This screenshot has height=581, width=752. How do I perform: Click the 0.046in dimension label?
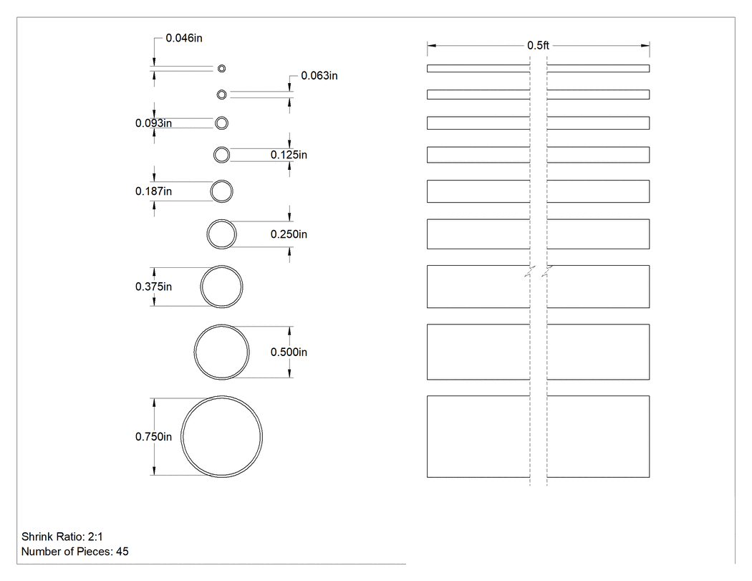(x=184, y=38)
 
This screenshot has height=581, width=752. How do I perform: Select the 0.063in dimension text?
(x=319, y=76)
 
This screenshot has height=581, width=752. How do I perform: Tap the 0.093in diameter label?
(x=153, y=123)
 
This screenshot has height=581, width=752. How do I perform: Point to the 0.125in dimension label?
(x=289, y=155)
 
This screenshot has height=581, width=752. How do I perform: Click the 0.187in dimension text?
(x=153, y=191)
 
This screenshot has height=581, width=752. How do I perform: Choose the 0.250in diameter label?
(x=289, y=234)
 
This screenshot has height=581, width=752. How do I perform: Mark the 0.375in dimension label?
(x=153, y=287)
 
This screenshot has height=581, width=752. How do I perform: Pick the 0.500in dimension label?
(x=289, y=352)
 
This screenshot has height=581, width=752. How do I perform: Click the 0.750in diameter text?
(x=153, y=436)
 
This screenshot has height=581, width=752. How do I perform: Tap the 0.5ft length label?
(x=538, y=46)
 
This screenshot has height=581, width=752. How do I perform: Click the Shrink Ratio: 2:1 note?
(x=62, y=537)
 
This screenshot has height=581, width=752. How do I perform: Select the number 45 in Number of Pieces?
(x=122, y=552)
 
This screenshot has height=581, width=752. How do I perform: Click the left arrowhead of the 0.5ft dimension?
(x=431, y=46)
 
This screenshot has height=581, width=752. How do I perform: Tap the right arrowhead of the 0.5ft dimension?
(x=645, y=46)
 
